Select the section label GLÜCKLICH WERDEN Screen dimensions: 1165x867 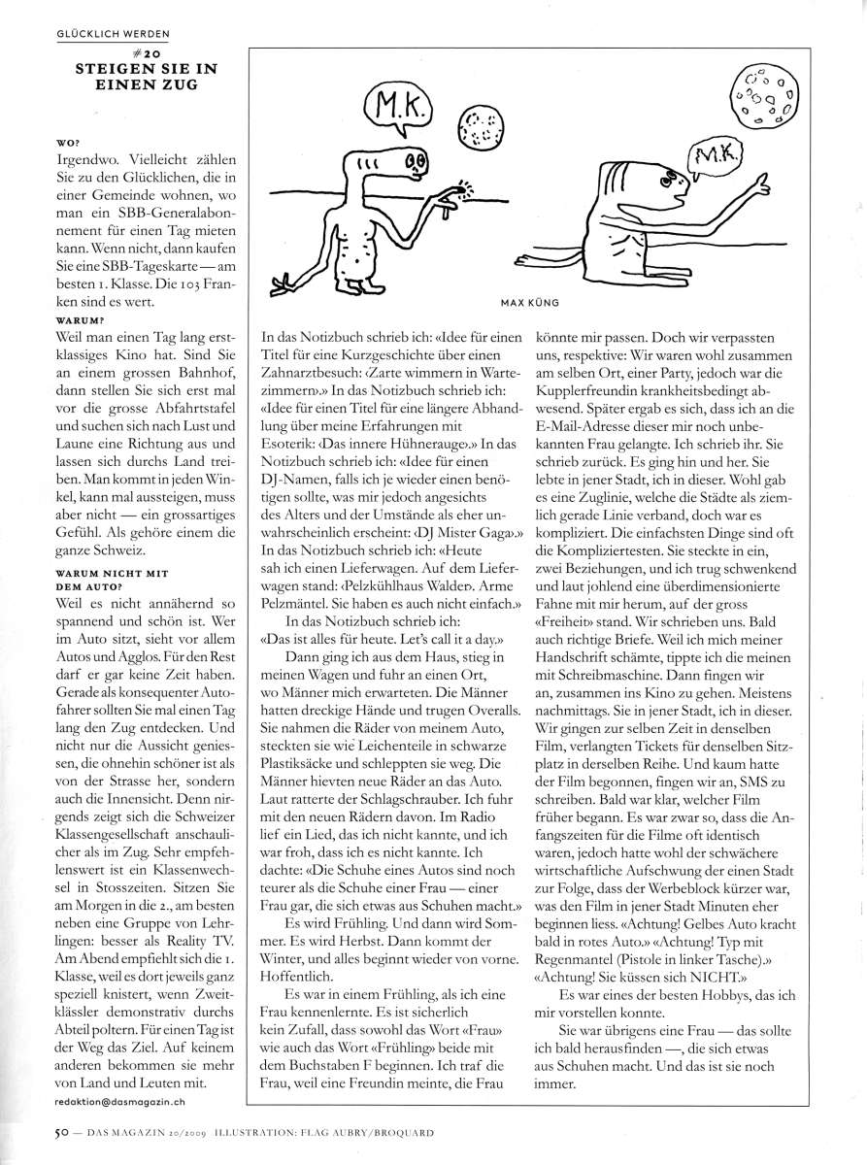[x=114, y=34]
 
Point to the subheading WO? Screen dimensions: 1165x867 [x=69, y=142]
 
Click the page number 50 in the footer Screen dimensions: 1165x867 [x=59, y=1130]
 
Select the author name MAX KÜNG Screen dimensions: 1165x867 [x=530, y=302]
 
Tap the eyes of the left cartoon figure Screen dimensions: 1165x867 [x=415, y=160]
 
